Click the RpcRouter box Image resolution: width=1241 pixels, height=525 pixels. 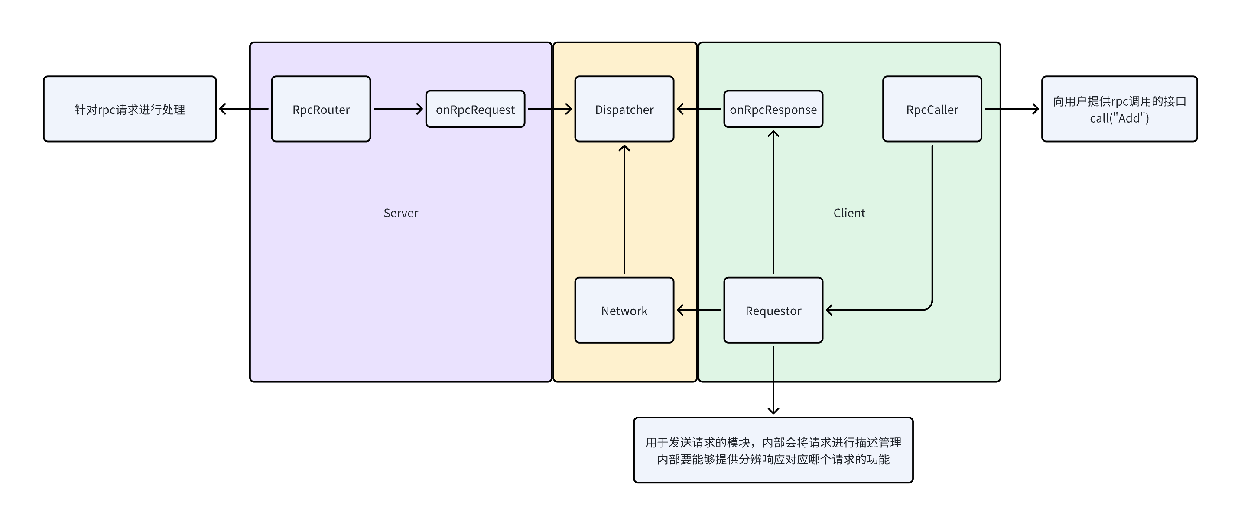321,109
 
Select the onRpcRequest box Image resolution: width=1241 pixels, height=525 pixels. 475,109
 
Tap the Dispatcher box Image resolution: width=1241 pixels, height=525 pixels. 624,109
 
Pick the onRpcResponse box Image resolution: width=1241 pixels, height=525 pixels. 773,109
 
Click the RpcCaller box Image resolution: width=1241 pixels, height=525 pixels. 932,109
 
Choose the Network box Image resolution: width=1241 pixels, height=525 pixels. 624,311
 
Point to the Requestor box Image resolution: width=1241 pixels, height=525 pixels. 773,311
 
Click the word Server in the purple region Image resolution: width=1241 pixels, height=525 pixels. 400,213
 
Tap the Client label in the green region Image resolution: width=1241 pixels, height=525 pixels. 849,213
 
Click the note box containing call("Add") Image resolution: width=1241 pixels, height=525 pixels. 1119,109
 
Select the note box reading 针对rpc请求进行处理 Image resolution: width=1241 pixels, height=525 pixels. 130,109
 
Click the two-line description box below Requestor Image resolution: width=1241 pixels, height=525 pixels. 773,450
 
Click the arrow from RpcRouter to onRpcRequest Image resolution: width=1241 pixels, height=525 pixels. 398,109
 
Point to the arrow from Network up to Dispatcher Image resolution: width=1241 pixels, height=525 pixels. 624,210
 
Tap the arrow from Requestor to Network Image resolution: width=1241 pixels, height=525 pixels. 699,310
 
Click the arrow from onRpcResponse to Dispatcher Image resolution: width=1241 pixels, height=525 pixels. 699,109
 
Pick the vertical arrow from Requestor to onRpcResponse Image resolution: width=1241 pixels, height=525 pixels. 773,202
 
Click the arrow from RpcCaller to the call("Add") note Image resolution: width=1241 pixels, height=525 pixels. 1011,109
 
